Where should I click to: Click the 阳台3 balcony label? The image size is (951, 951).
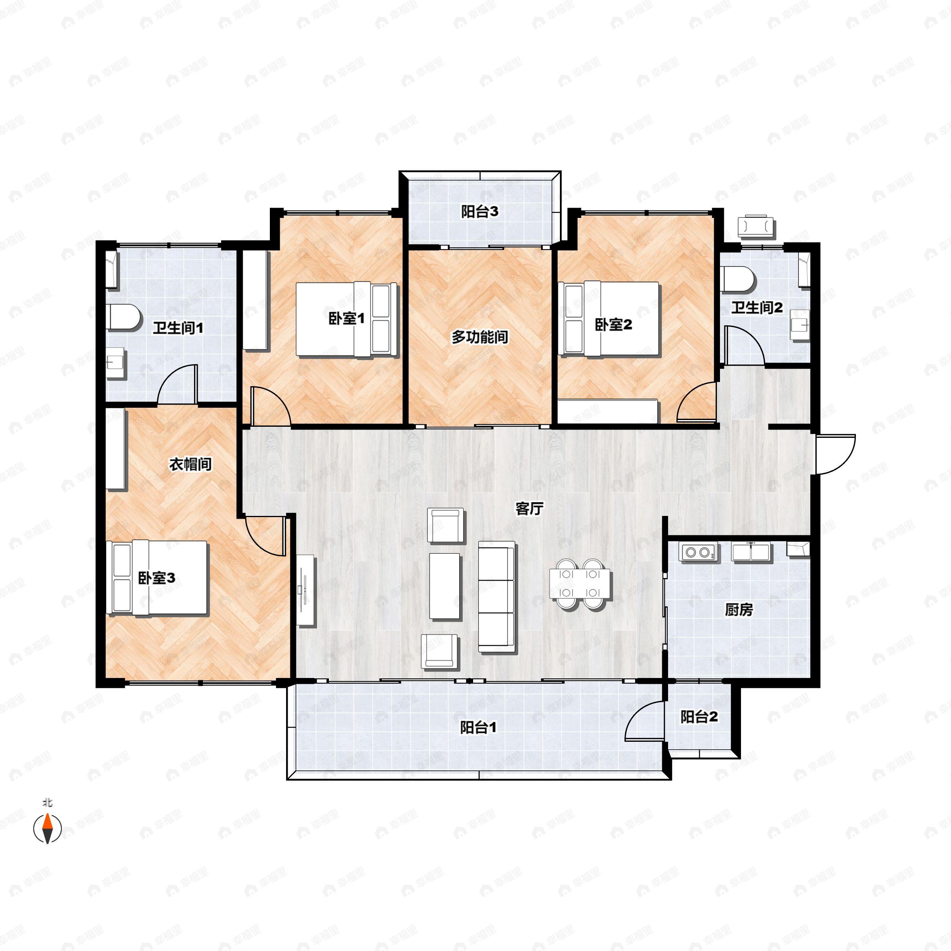point(479,212)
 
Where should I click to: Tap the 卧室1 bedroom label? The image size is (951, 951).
point(347,319)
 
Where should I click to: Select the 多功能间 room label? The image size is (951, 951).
point(480,337)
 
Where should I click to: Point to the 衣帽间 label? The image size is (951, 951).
point(191,464)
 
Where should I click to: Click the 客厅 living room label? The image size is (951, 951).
point(529,508)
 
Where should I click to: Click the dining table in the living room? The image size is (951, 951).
point(580,584)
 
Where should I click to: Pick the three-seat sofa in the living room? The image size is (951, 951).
point(497,597)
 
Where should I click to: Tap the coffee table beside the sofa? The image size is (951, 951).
point(445,586)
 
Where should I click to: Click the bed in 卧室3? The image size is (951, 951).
point(158,577)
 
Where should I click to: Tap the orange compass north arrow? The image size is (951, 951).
point(47,829)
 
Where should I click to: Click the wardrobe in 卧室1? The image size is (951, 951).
point(256,300)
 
